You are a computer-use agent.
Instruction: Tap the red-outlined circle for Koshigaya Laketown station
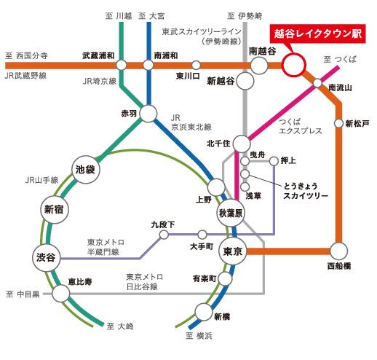coord(294,65)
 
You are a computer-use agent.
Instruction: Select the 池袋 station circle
coord(86,169)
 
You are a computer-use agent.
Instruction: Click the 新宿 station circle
coord(54,210)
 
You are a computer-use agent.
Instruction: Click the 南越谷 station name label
coord(262,51)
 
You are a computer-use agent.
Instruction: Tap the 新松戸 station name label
coord(358,122)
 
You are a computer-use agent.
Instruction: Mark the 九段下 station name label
coord(163,226)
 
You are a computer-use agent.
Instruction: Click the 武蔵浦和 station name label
coord(100,55)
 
